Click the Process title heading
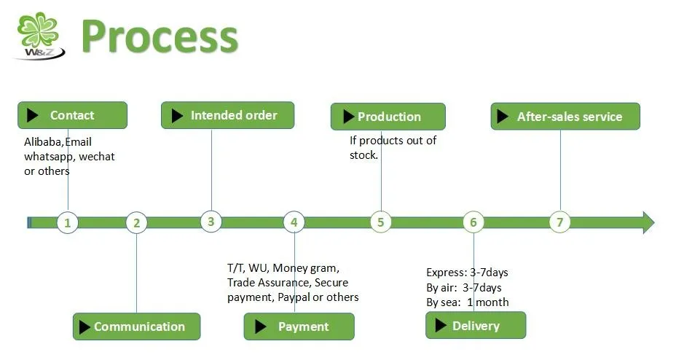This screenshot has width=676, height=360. (159, 36)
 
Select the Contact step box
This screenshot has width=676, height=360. (72, 115)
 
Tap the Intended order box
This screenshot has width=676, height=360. (227, 115)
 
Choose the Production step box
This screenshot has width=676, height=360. (388, 117)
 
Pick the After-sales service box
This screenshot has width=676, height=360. (565, 117)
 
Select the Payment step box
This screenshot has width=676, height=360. (299, 326)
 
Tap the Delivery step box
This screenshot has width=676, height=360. (475, 326)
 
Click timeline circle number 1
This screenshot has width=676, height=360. (68, 222)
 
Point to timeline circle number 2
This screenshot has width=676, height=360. (136, 223)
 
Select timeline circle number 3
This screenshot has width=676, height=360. (211, 222)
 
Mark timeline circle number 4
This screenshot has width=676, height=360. (294, 222)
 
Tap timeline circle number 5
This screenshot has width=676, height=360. (380, 222)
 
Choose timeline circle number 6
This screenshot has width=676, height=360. (473, 223)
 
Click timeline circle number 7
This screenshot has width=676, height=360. (559, 222)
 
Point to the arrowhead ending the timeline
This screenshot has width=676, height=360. (647, 222)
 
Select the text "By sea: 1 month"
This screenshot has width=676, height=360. (467, 302)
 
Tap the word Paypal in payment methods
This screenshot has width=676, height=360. (292, 297)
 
